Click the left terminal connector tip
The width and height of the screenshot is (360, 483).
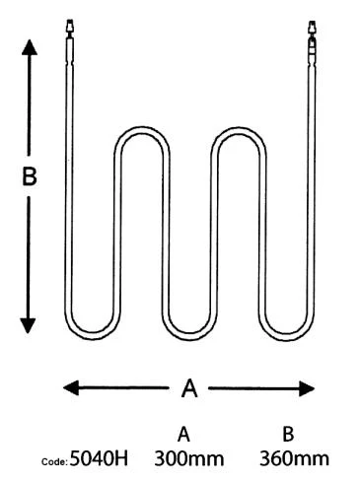[x=70, y=26]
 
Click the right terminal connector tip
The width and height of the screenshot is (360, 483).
[x=312, y=27]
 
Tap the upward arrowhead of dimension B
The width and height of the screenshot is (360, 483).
[x=30, y=47]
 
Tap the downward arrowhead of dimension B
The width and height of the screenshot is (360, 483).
[x=28, y=325]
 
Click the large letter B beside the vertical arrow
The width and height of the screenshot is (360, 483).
[x=30, y=176]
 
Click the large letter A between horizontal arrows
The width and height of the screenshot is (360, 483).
[x=189, y=388]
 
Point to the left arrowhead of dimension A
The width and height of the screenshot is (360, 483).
[x=71, y=387]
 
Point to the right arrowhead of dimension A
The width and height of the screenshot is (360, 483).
[x=307, y=388]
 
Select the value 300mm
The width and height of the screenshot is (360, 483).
[x=189, y=458]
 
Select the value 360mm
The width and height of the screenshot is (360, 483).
[x=294, y=458]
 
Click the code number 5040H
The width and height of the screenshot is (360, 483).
[x=99, y=458]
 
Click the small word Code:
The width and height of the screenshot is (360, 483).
[x=54, y=461]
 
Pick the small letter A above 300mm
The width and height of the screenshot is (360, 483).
[x=183, y=435]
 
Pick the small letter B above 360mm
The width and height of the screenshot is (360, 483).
[x=288, y=434]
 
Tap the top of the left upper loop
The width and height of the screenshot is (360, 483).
[x=142, y=129]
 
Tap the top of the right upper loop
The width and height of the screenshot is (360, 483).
[x=239, y=129]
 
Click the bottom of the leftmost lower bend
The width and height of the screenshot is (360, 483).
[x=93, y=337]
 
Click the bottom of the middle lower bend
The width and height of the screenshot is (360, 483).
[x=189, y=337]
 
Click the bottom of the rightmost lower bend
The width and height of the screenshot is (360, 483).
[x=286, y=337]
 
